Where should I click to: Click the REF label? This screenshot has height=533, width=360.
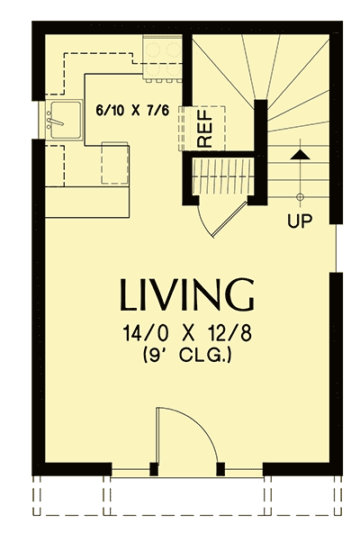click(x=204, y=130)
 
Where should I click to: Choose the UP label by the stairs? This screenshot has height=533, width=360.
click(x=301, y=219)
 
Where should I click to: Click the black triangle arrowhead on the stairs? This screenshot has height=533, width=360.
click(x=301, y=155)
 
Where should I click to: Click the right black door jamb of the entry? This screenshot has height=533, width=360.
click(x=221, y=467)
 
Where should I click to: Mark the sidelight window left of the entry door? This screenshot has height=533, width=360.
click(x=131, y=469)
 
